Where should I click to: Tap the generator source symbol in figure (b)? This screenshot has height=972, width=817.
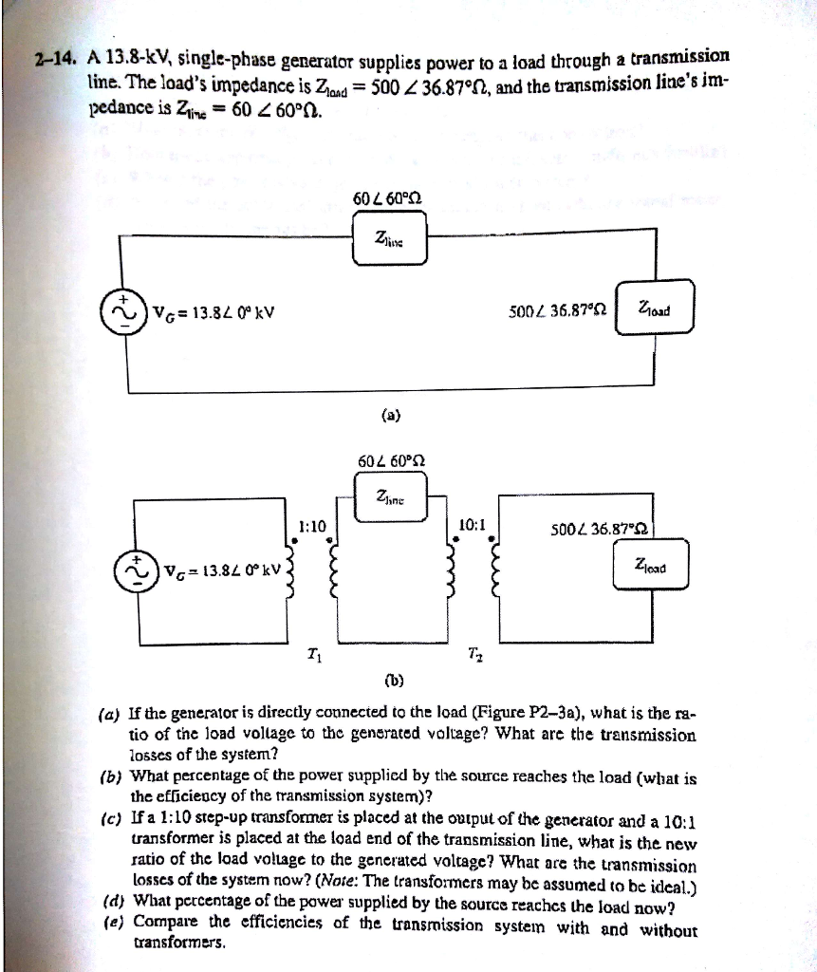[x=136, y=570]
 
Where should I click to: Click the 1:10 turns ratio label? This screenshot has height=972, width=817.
[x=311, y=525]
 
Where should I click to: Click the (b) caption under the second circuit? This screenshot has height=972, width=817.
[x=391, y=680]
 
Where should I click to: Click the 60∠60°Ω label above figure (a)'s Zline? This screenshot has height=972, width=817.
[x=388, y=200]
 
